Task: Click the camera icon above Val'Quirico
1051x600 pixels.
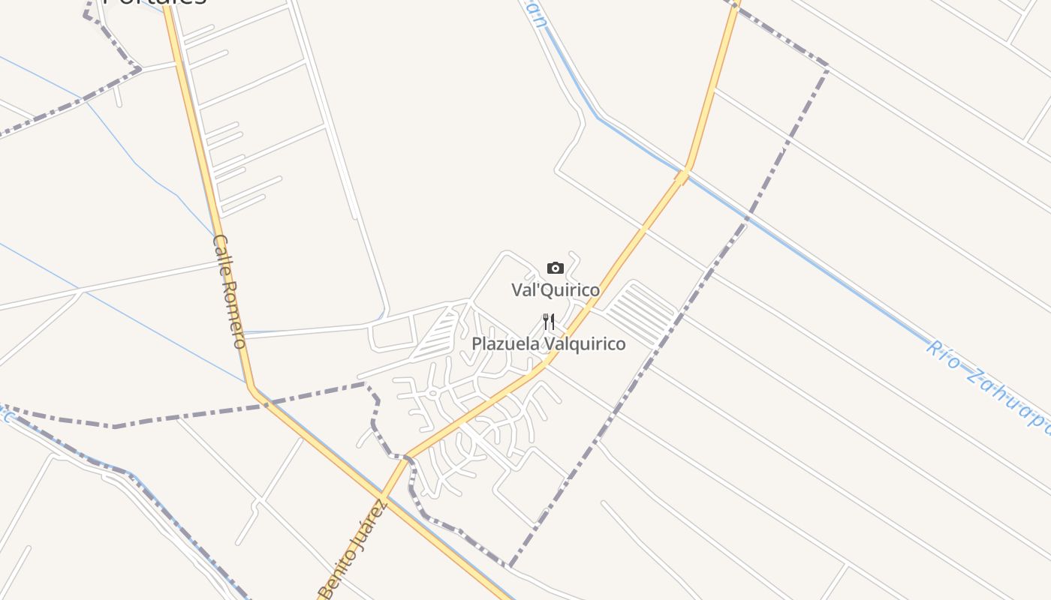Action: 556,268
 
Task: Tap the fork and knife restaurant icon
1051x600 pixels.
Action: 549,322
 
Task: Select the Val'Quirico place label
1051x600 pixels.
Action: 556,289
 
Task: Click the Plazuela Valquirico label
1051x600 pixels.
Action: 548,343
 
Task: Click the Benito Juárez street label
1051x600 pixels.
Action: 353,551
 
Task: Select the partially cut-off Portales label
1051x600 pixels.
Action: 154,2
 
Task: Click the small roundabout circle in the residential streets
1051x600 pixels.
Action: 432,392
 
